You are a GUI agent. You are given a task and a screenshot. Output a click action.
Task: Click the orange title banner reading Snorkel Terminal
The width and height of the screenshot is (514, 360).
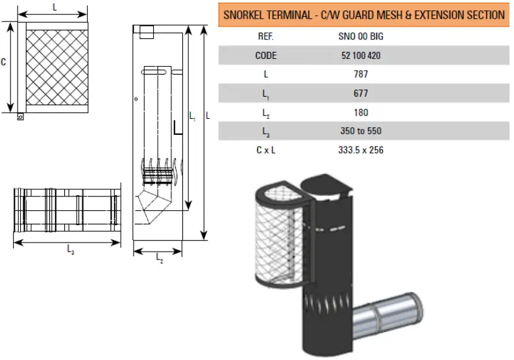pyautogui.click(x=363, y=14)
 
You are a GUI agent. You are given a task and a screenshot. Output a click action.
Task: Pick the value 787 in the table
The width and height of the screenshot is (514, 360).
pyautogui.click(x=361, y=75)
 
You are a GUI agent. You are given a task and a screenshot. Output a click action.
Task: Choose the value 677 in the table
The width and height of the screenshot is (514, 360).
pyautogui.click(x=361, y=93)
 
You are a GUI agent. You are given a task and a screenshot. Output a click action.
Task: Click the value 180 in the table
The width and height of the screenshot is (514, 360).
pyautogui.click(x=361, y=112)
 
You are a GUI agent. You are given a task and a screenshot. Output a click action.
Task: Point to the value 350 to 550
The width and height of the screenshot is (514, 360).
pyautogui.click(x=361, y=131)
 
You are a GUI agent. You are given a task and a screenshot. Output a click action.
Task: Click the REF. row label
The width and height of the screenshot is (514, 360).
pyautogui.click(x=265, y=36)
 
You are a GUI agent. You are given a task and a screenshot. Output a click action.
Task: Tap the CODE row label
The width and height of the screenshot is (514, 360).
pyautogui.click(x=265, y=56)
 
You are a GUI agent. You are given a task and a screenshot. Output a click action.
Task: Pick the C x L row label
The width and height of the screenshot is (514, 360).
pyautogui.click(x=265, y=150)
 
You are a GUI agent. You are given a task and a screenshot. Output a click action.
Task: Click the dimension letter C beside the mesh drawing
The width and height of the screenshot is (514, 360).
pyautogui.click(x=4, y=62)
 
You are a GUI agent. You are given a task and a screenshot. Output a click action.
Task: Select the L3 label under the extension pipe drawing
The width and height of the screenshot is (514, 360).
pyautogui.click(x=70, y=252)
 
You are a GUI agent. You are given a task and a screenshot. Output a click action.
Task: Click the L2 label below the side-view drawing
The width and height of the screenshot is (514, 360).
pyautogui.click(x=160, y=258)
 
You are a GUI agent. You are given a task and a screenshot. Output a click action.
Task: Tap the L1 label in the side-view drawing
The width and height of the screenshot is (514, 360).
pyautogui.click(x=193, y=117)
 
